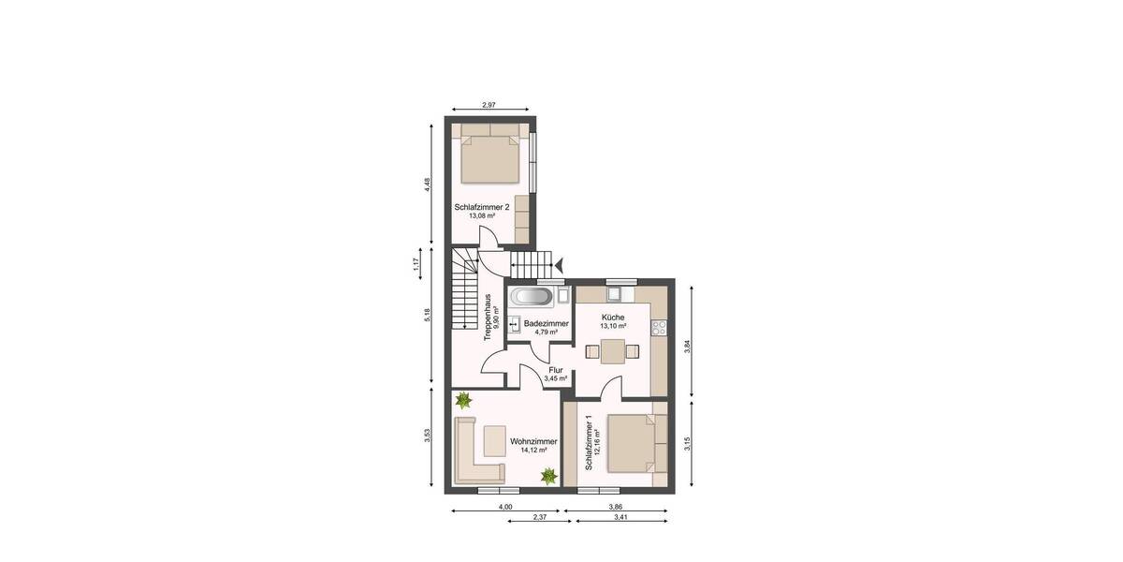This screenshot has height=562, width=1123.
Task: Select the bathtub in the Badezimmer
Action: (x=531, y=298)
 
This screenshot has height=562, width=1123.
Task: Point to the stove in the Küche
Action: (x=660, y=328)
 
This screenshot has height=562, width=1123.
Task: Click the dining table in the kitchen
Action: (x=612, y=352)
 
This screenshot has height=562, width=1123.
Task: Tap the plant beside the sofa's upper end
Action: (x=462, y=401)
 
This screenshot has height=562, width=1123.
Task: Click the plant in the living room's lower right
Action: (x=547, y=476)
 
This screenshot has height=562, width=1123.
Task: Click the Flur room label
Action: (x=556, y=370)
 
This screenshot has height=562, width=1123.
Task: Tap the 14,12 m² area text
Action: (x=532, y=450)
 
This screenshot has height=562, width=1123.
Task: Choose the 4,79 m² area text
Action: (x=546, y=332)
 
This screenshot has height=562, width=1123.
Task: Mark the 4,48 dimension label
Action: (x=426, y=185)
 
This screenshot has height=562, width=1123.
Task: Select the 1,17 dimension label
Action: (x=416, y=265)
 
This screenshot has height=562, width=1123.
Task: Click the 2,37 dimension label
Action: (x=539, y=517)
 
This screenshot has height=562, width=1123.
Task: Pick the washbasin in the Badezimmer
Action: (x=515, y=325)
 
